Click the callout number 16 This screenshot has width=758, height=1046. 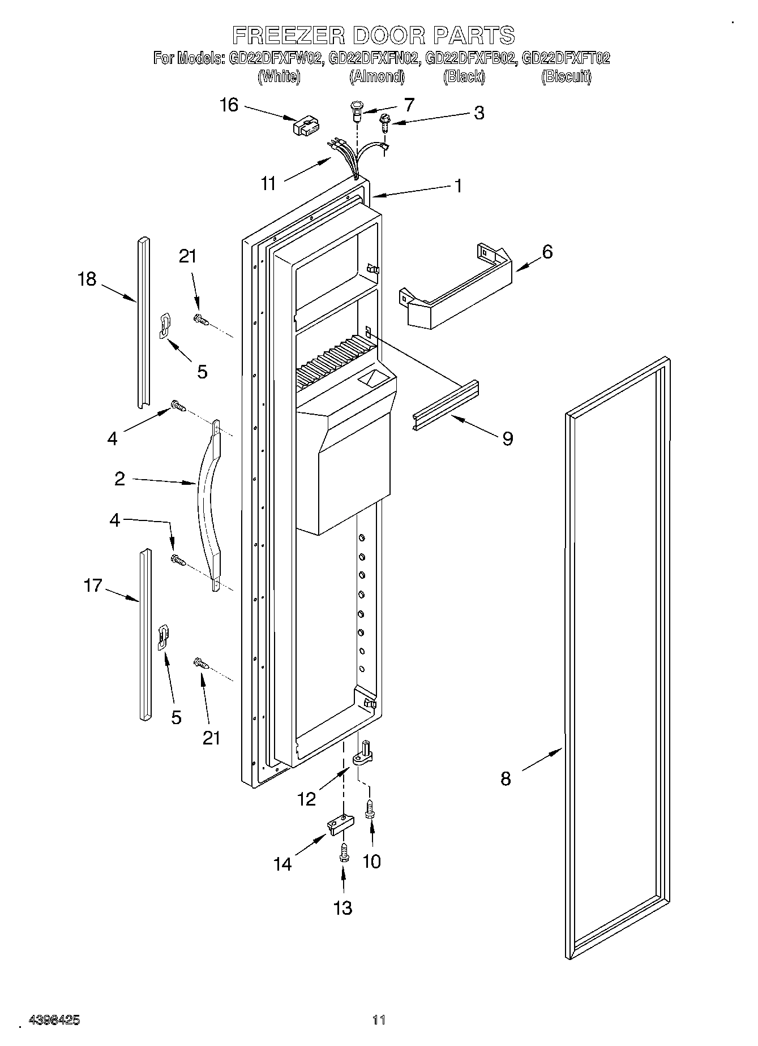click(x=229, y=105)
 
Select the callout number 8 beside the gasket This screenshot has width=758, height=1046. click(x=506, y=779)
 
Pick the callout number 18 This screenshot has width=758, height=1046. click(x=87, y=279)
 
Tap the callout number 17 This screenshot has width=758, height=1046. click(x=93, y=586)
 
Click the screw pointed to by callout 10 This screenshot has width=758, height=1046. click(x=371, y=808)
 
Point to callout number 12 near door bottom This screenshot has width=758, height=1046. click(x=306, y=799)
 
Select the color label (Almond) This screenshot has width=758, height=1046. click(x=377, y=76)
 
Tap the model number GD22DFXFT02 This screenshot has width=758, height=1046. click(x=565, y=58)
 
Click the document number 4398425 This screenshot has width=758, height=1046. click(x=54, y=1020)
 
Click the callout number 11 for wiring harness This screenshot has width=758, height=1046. click(x=268, y=183)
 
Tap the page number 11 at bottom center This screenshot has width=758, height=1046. click(x=379, y=1020)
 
